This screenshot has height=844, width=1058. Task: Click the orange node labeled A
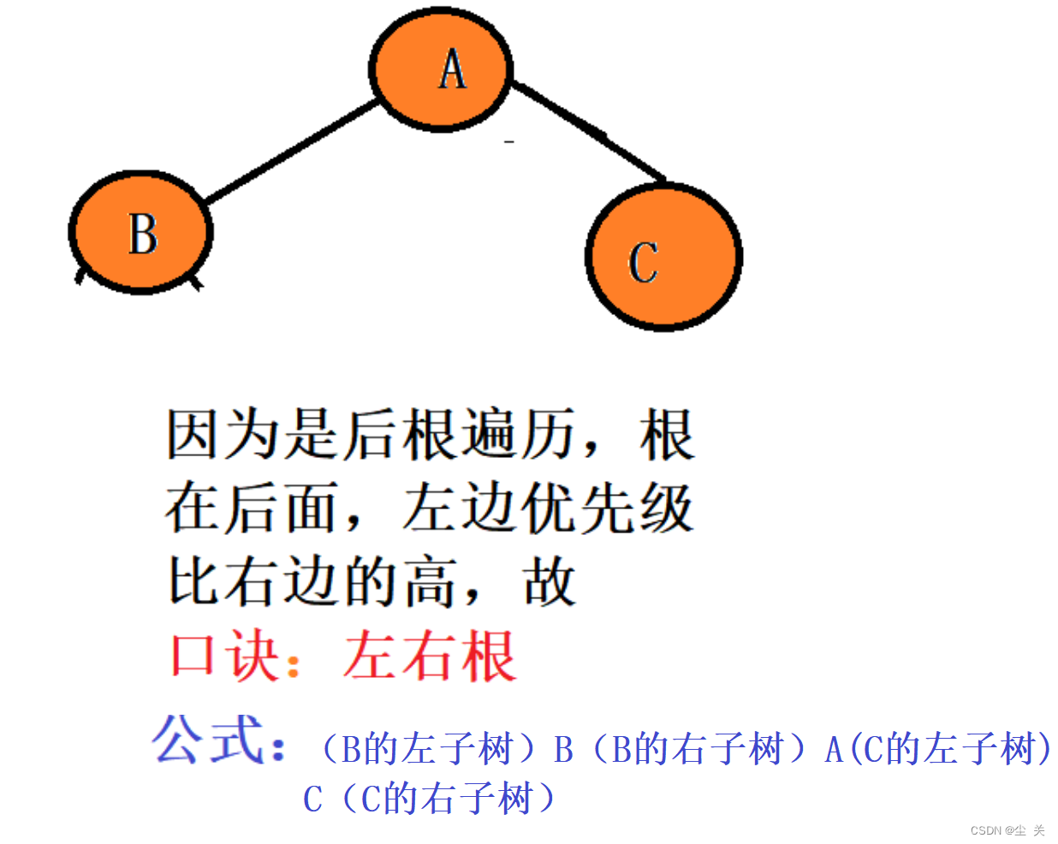[x=440, y=70]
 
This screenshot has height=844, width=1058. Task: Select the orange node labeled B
[x=141, y=232]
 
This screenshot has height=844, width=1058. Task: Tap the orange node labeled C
[x=663, y=257]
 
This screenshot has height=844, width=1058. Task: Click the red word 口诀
[x=224, y=657]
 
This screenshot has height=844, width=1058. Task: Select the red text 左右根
[x=430, y=657]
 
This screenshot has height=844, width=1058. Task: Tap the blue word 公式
[x=208, y=740]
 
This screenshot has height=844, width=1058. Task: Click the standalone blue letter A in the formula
[x=834, y=751]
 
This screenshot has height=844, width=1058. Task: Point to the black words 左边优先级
[x=546, y=508]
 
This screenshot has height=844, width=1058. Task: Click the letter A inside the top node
[x=452, y=70]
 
